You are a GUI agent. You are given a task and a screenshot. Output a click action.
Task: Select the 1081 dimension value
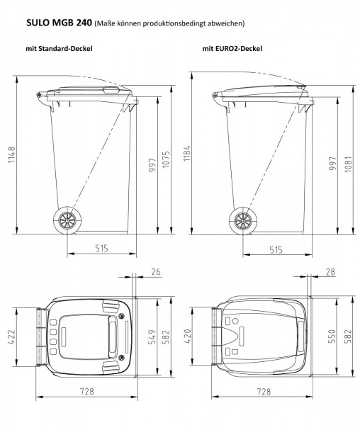click(347, 162)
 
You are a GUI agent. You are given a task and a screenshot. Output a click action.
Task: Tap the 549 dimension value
click(150, 337)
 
